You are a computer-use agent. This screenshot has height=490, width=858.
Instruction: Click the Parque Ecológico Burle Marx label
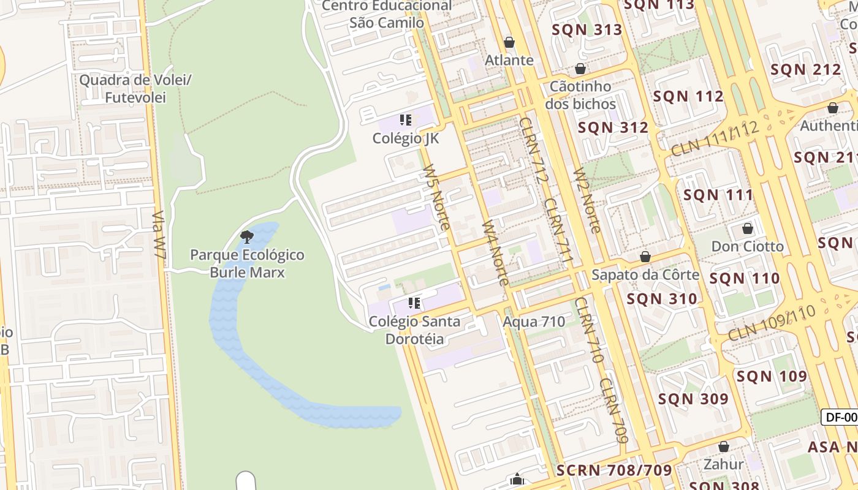tap(247, 263)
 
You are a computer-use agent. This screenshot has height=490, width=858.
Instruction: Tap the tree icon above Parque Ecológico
tap(247, 236)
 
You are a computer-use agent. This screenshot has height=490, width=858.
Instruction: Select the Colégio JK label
tap(406, 138)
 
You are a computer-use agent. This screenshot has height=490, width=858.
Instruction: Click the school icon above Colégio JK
tap(405, 119)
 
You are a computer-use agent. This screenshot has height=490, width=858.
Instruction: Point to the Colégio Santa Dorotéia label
tap(414, 330)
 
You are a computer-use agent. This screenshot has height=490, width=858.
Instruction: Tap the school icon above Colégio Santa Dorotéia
tap(414, 303)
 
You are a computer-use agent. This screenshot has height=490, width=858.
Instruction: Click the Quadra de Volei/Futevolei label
tap(136, 88)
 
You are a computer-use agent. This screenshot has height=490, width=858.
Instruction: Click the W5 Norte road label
tap(436, 197)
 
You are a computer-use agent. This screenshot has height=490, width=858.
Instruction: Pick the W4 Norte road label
tap(495, 252)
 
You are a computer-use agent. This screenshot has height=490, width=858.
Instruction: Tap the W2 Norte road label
tap(587, 201)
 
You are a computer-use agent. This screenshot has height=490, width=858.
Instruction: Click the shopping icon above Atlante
tap(509, 42)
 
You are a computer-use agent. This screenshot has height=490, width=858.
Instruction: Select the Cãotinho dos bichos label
tap(580, 95)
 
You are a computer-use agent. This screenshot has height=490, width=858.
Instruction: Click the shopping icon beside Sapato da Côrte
tap(645, 257)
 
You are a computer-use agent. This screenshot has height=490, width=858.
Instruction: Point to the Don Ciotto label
tap(747, 246)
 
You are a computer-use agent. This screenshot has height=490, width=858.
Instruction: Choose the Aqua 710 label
tap(534, 322)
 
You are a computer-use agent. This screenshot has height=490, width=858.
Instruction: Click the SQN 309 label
tap(693, 399)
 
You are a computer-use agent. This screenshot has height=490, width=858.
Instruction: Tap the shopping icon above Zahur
tap(724, 447)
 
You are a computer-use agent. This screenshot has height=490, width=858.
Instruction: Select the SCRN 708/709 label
tap(614, 470)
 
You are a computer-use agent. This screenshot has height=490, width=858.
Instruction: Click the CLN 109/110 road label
tap(772, 323)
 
